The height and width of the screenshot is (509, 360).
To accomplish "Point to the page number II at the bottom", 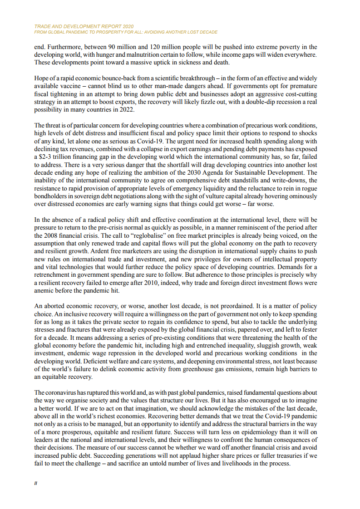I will pyautogui.click(x=36, y=484).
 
